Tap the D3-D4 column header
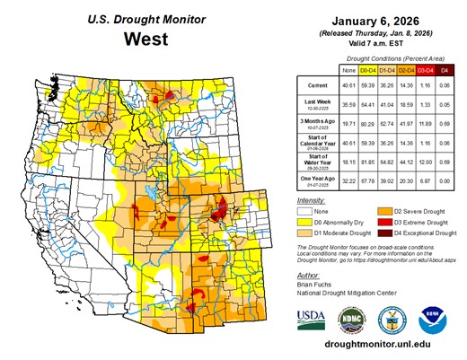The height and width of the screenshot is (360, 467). [420, 68]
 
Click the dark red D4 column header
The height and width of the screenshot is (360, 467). [444, 68]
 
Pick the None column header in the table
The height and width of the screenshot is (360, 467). [349, 68]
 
